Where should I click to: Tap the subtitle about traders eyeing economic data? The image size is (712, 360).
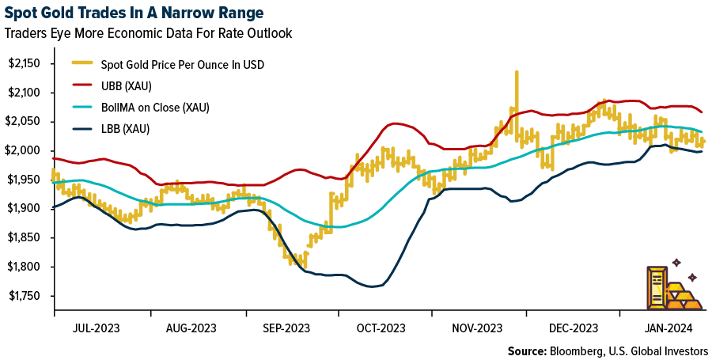tap(148, 33)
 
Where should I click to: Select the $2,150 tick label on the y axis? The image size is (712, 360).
tap(28, 63)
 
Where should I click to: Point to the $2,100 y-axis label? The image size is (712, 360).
tap(28, 93)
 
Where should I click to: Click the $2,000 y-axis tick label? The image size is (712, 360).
tap(28, 150)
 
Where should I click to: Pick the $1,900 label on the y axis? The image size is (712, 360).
tap(28, 208)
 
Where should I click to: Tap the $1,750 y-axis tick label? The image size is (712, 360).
tap(28, 295)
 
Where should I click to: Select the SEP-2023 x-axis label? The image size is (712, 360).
tap(287, 328)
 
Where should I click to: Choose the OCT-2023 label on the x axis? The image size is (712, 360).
tap(382, 328)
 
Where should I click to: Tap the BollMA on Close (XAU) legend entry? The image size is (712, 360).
tap(151, 107)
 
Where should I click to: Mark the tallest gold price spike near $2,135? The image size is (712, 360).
tap(517, 73)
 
